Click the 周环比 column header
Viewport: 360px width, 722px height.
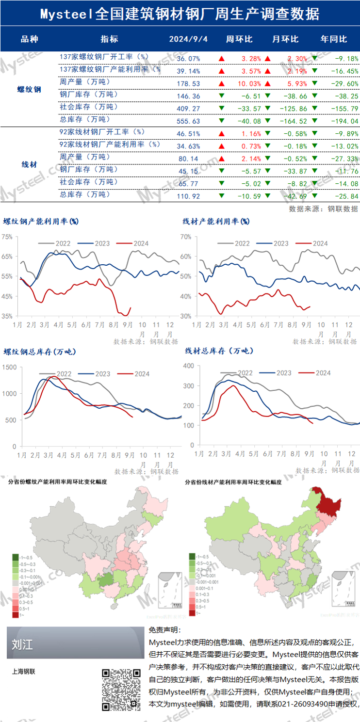pos(239,39)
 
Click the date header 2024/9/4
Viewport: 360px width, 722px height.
pos(188,39)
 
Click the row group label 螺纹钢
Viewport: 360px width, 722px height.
pos(29,89)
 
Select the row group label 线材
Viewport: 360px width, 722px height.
pos(29,165)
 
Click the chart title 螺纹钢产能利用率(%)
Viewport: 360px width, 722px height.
pos(41,222)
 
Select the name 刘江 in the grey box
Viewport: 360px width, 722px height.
pos(23,644)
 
